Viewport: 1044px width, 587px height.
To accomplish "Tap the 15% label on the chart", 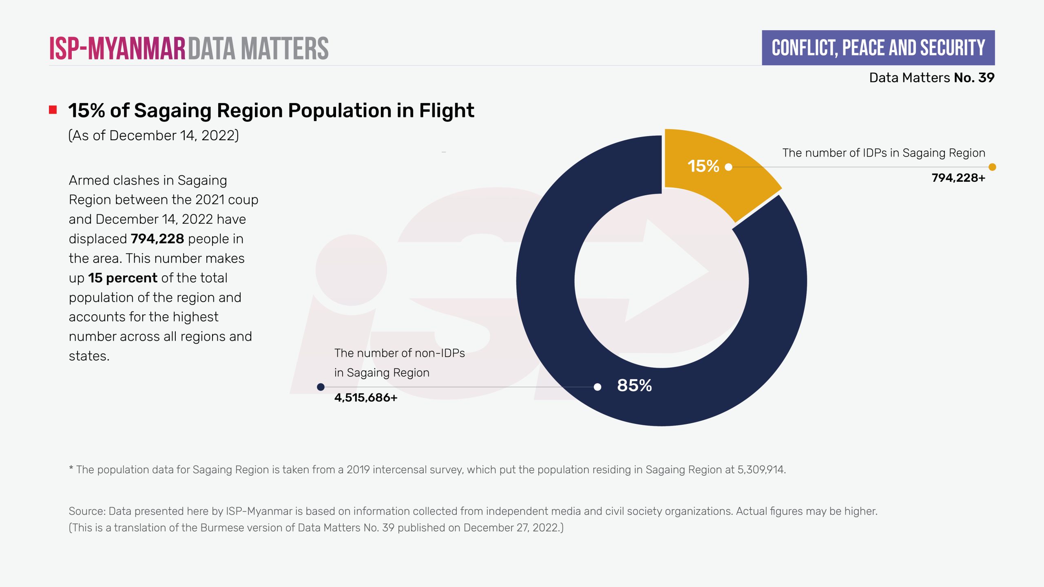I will point(703,166).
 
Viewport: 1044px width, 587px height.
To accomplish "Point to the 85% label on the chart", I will point(634,386).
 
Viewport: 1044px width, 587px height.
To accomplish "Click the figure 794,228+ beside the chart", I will point(958,178).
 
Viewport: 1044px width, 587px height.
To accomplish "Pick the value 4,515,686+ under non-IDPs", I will point(365,398).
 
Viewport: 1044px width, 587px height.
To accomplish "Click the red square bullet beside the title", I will point(53,110).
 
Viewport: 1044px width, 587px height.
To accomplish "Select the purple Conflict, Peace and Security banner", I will point(878,48).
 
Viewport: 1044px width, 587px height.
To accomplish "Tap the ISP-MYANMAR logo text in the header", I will point(117,49).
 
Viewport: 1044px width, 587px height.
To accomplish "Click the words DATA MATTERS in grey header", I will point(259,49).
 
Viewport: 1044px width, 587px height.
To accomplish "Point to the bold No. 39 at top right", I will point(974,77).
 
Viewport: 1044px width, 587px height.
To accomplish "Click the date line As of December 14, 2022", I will point(153,135).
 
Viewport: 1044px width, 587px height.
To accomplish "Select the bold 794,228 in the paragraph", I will point(157,239).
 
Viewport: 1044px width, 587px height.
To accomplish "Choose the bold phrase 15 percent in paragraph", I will point(123,278).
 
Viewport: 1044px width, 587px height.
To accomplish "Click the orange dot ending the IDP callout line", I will point(992,167).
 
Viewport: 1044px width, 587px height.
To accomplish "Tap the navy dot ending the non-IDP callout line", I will point(321,387).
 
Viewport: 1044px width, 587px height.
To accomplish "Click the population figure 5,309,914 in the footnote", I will point(761,470).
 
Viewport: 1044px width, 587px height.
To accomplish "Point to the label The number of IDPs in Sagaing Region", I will point(883,153).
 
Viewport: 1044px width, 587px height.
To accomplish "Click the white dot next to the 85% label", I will point(597,387).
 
